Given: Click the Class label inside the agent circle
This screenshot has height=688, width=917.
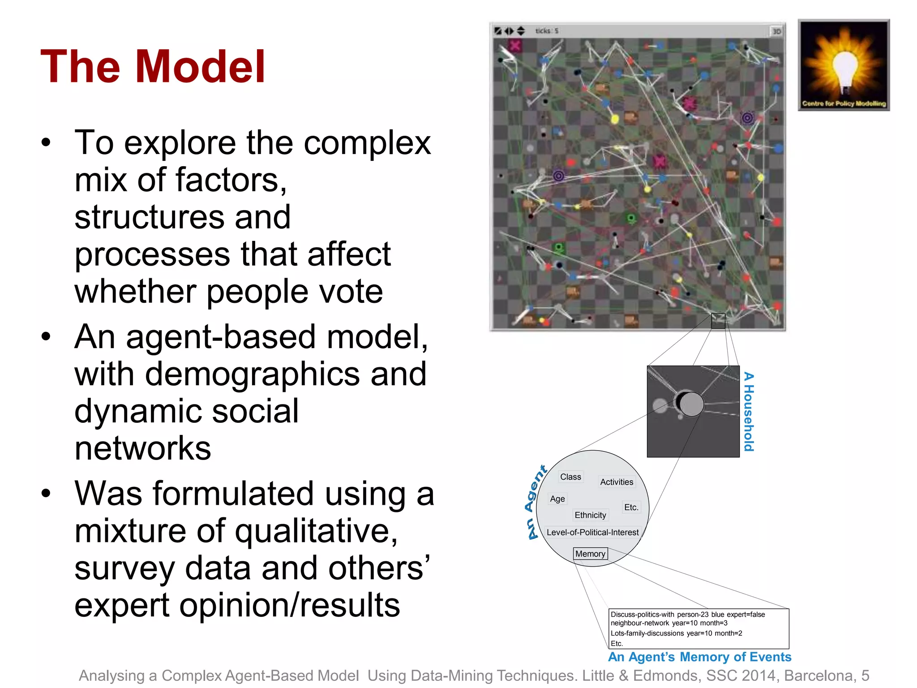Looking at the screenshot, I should [570, 477].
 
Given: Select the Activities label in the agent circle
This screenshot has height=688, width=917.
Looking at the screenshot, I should [617, 482].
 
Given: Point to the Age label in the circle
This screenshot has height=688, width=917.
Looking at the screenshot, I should [557, 499].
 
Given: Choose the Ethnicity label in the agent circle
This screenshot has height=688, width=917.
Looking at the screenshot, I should [590, 515].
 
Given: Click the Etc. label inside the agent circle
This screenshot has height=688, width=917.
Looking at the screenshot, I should [631, 507].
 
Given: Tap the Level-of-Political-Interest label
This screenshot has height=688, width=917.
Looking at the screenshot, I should [592, 533].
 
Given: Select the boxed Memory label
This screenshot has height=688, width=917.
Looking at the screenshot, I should [590, 554].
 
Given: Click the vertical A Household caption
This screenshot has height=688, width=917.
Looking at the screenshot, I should [749, 412].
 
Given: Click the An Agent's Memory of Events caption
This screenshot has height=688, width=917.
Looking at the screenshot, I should [699, 657].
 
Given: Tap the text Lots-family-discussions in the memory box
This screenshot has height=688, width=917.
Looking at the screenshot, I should [647, 633].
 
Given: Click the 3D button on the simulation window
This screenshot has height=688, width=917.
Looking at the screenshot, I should [776, 31].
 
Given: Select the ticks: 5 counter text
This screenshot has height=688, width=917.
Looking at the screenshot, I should [547, 31].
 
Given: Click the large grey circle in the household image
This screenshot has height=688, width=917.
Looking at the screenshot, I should [691, 404].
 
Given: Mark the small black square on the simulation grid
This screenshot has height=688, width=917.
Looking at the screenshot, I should [718, 321].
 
